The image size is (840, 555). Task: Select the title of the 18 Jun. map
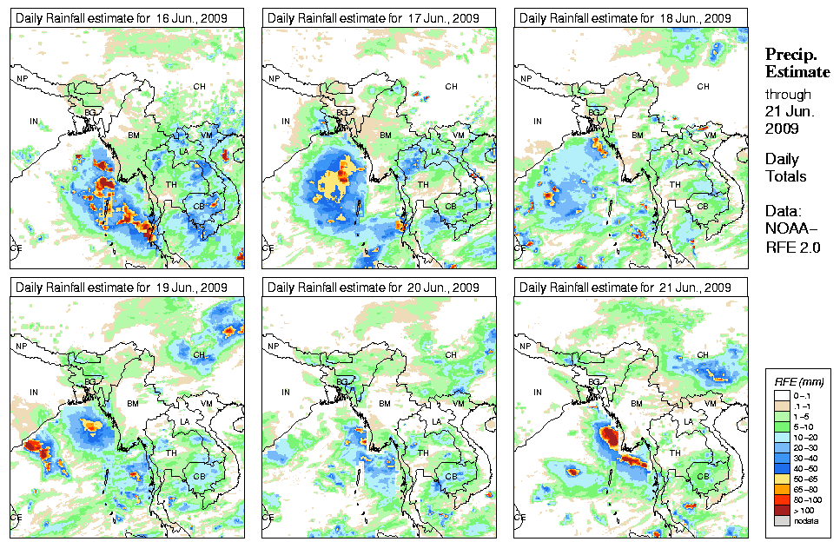tap(624, 17)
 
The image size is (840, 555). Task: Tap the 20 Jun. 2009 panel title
tap(374, 287)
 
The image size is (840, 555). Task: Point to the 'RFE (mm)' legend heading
tap(798, 380)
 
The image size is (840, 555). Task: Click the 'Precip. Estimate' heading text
tap(791, 62)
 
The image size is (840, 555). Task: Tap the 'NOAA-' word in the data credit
tap(789, 229)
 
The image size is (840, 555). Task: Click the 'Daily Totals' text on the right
tap(785, 168)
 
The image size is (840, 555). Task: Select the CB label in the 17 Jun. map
tap(450, 206)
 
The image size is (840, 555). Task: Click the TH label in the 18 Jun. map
tap(675, 184)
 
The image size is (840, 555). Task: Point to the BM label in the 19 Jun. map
tap(133, 404)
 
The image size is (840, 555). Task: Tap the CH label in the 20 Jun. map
tap(451, 354)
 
